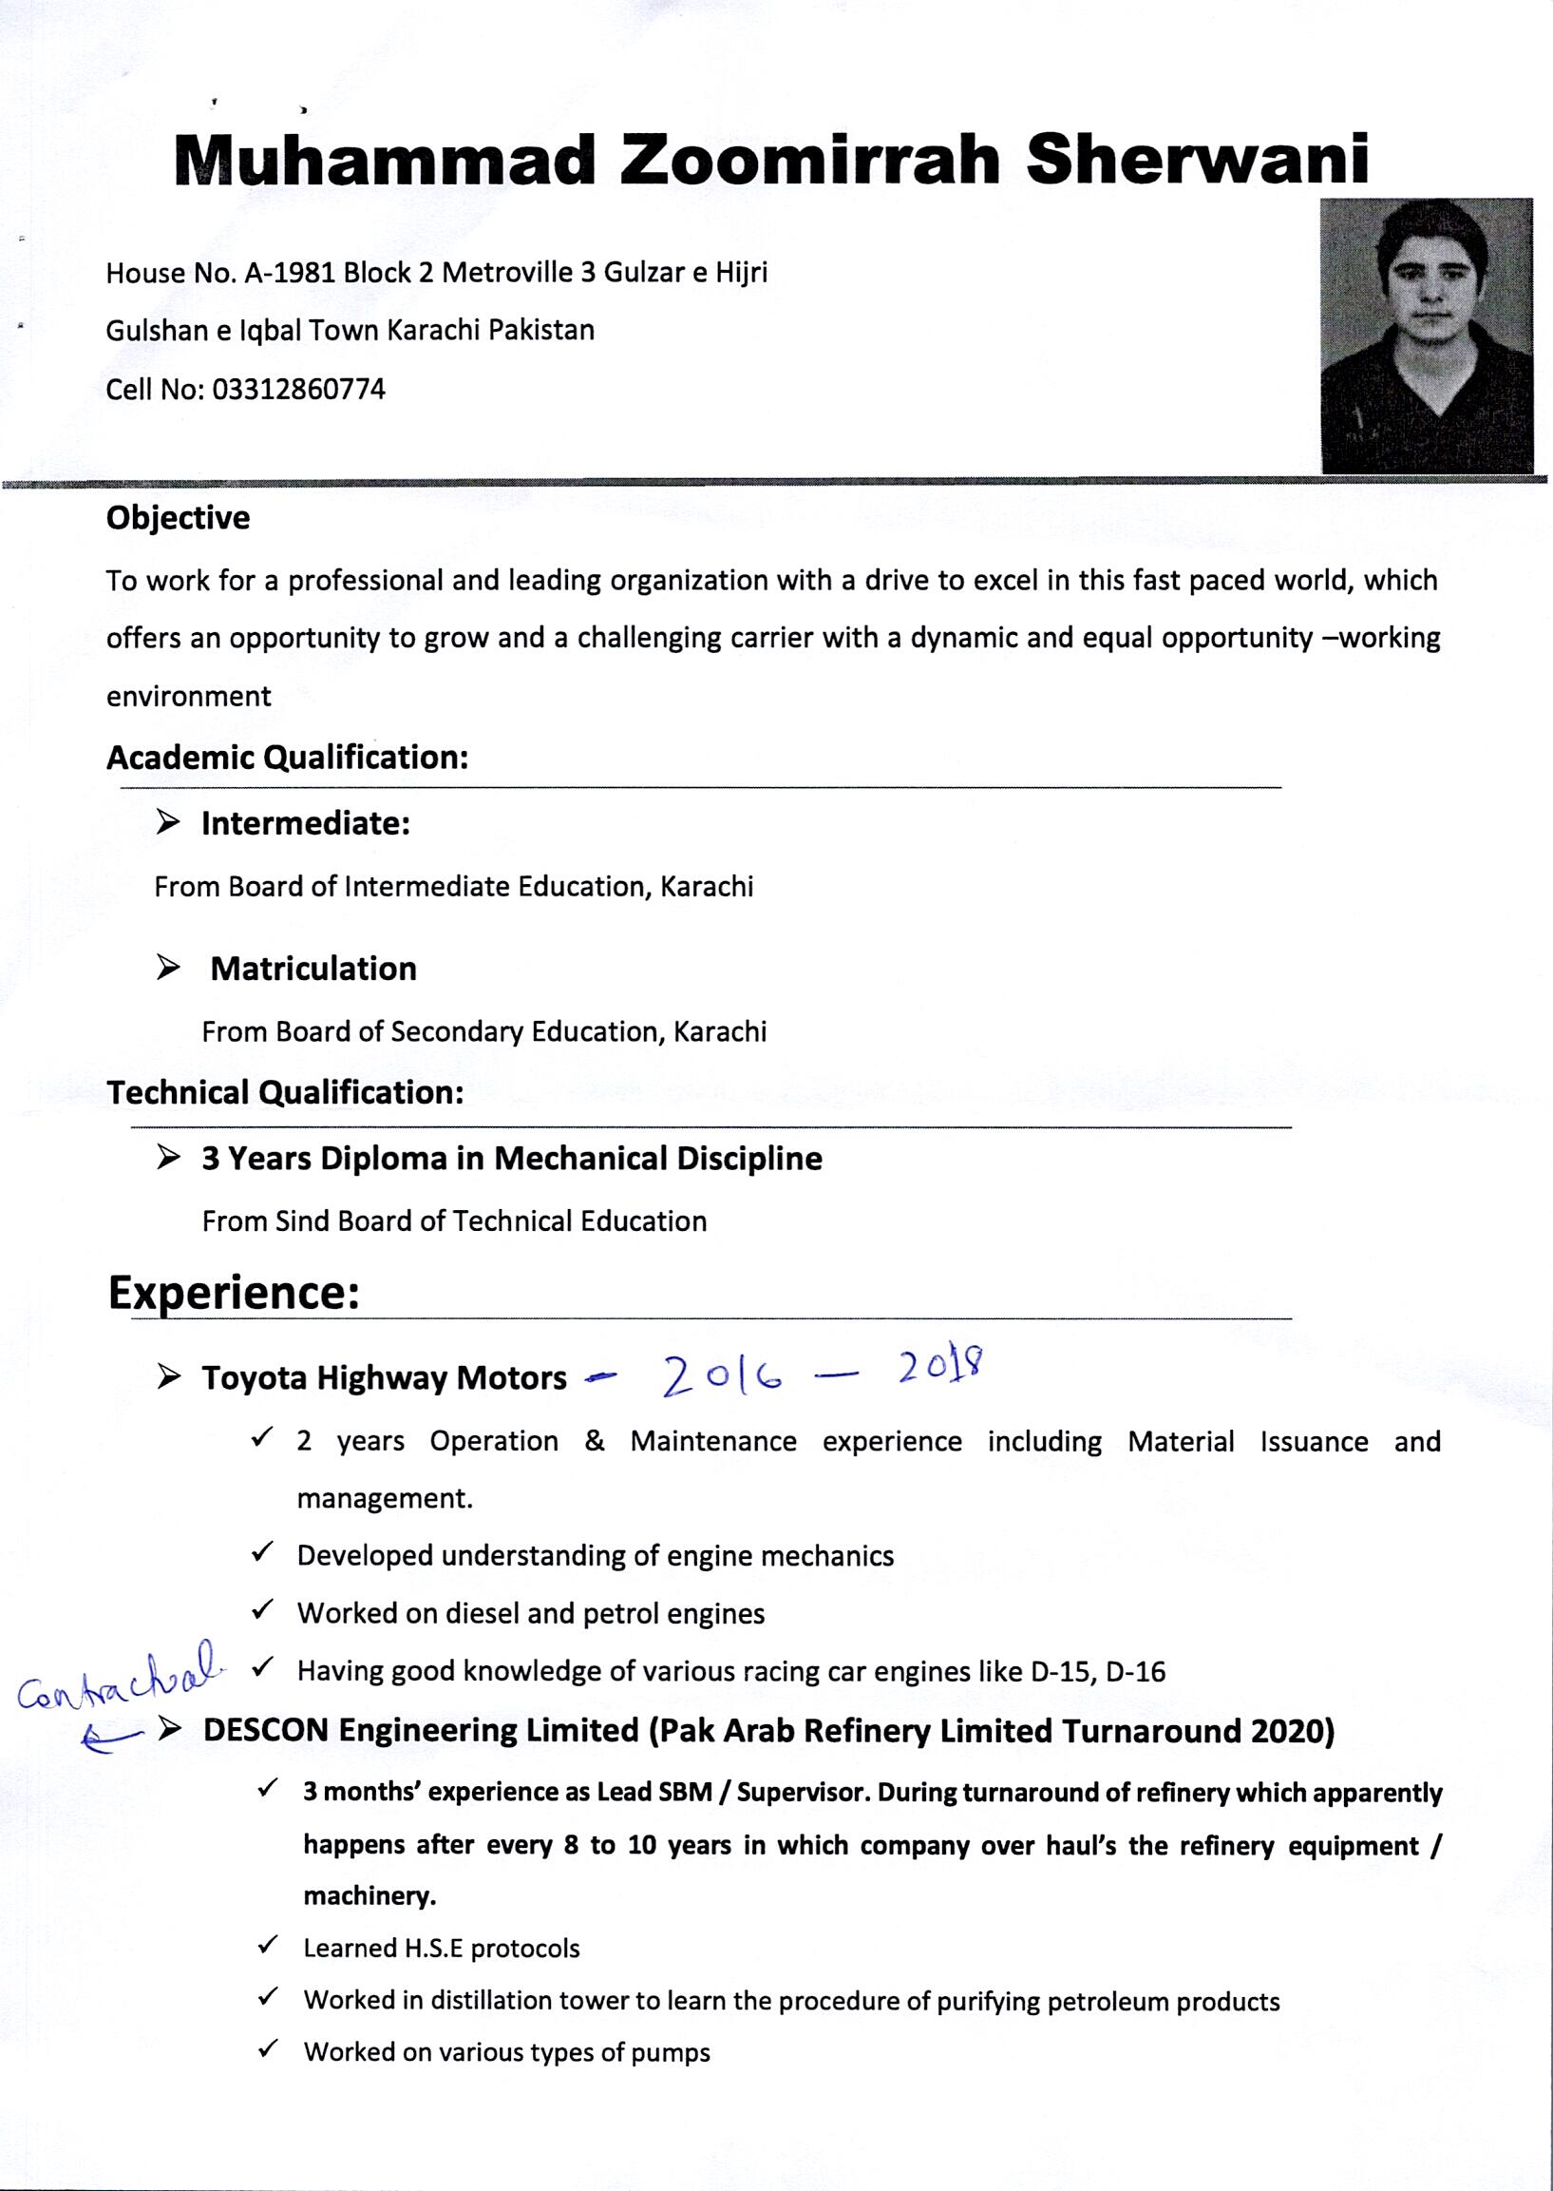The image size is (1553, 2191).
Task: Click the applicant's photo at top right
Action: tap(1425, 335)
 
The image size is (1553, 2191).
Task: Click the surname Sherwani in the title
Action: tap(1197, 159)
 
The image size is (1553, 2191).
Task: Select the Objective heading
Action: tap(178, 519)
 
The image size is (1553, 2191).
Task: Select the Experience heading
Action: tap(234, 1293)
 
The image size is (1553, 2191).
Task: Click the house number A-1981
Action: tap(290, 274)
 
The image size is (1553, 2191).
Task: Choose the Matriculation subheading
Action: tap(313, 970)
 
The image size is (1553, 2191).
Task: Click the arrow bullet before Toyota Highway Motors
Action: tap(169, 1377)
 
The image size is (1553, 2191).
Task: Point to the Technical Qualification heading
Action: tap(285, 1092)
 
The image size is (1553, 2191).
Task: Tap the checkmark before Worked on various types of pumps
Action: tap(268, 2050)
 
